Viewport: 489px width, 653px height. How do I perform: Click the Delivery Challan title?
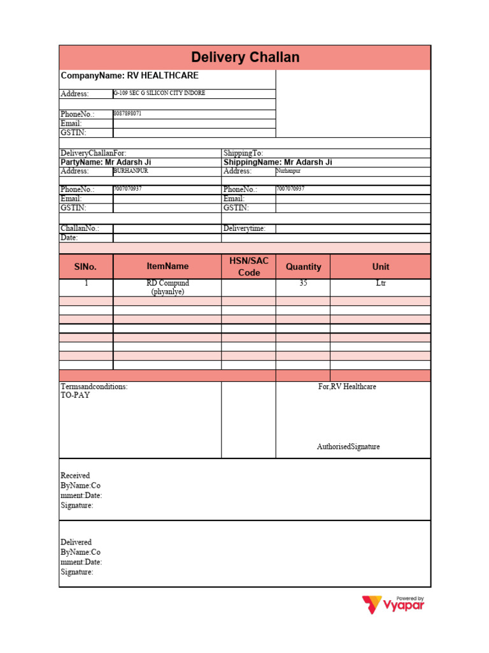coord(245,57)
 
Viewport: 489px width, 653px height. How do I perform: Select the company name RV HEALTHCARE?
coord(129,75)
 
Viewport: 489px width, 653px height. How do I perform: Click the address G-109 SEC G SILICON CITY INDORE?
coord(159,93)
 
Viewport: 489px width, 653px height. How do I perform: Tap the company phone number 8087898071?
coord(128,114)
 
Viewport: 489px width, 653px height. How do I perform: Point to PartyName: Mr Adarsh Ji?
coord(106,162)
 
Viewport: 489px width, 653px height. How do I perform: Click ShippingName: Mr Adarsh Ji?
coord(278,162)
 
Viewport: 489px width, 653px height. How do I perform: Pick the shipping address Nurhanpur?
coord(288,171)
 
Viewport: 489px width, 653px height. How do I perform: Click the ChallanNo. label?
coord(80,228)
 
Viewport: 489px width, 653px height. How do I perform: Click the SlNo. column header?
coord(86,267)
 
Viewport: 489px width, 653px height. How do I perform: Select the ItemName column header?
coord(167,266)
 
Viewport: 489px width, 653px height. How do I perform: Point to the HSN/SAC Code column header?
coord(249,267)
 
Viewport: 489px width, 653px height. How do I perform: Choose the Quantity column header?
coord(303,267)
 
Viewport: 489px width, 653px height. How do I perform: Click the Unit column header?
coord(381,267)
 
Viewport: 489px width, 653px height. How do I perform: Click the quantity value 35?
coord(303,283)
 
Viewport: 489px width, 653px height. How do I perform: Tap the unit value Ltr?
coord(381,283)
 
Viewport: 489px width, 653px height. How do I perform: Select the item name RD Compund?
coord(167,283)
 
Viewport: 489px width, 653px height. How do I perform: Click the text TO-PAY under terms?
coord(75,395)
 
